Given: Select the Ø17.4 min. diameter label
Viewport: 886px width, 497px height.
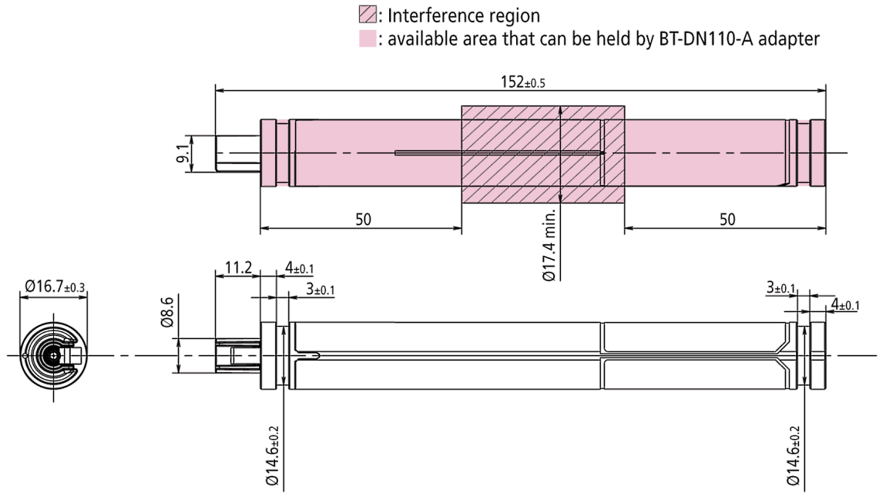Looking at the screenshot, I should pos(549,243).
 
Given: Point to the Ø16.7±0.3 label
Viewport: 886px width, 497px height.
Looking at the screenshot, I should pos(54,287).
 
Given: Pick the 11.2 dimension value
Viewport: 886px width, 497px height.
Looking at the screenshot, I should pos(238,268).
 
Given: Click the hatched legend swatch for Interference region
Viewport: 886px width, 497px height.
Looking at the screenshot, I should pos(367,15).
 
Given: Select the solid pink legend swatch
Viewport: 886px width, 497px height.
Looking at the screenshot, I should pos(367,39).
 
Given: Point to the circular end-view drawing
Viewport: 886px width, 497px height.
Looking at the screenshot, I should pos(53,354).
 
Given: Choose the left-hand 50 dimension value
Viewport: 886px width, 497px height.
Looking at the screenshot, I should pos(363,220).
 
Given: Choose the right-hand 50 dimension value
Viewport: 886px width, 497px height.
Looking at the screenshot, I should pos(727,220).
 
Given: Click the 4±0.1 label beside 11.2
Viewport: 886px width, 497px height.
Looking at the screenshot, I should pos(299,269).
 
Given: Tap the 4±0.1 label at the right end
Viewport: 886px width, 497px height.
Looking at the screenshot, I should pos(844,305).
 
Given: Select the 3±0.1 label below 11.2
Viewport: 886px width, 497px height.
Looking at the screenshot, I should pos(320,290).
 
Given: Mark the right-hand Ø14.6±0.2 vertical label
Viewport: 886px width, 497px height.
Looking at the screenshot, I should pos(794,455).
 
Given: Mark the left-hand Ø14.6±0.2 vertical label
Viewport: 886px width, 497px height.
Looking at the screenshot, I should pos(273,455).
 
